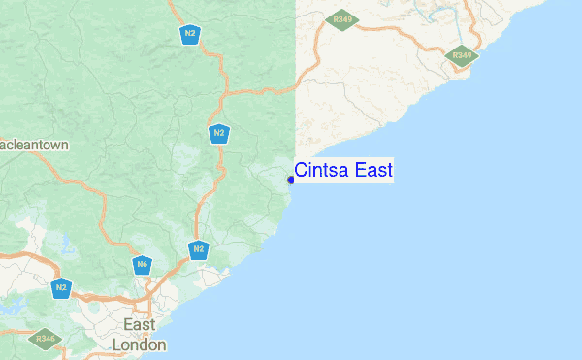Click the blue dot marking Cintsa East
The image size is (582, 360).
point(291,179)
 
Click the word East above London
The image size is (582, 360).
point(140,324)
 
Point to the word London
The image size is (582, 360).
point(140,344)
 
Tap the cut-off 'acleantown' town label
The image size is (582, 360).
point(35,145)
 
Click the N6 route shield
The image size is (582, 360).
point(143,264)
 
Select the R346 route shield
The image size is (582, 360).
point(45,339)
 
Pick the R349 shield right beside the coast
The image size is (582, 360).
point(463,55)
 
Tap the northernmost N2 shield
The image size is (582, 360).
point(189,33)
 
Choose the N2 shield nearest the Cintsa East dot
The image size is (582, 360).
point(219,133)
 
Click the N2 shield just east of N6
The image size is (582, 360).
point(198,250)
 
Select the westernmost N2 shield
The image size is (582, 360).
point(62,287)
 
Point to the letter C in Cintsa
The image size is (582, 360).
point(301,171)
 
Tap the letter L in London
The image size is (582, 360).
point(117,344)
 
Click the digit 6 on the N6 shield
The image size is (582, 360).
point(145,264)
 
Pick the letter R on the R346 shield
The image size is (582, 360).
point(37,339)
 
